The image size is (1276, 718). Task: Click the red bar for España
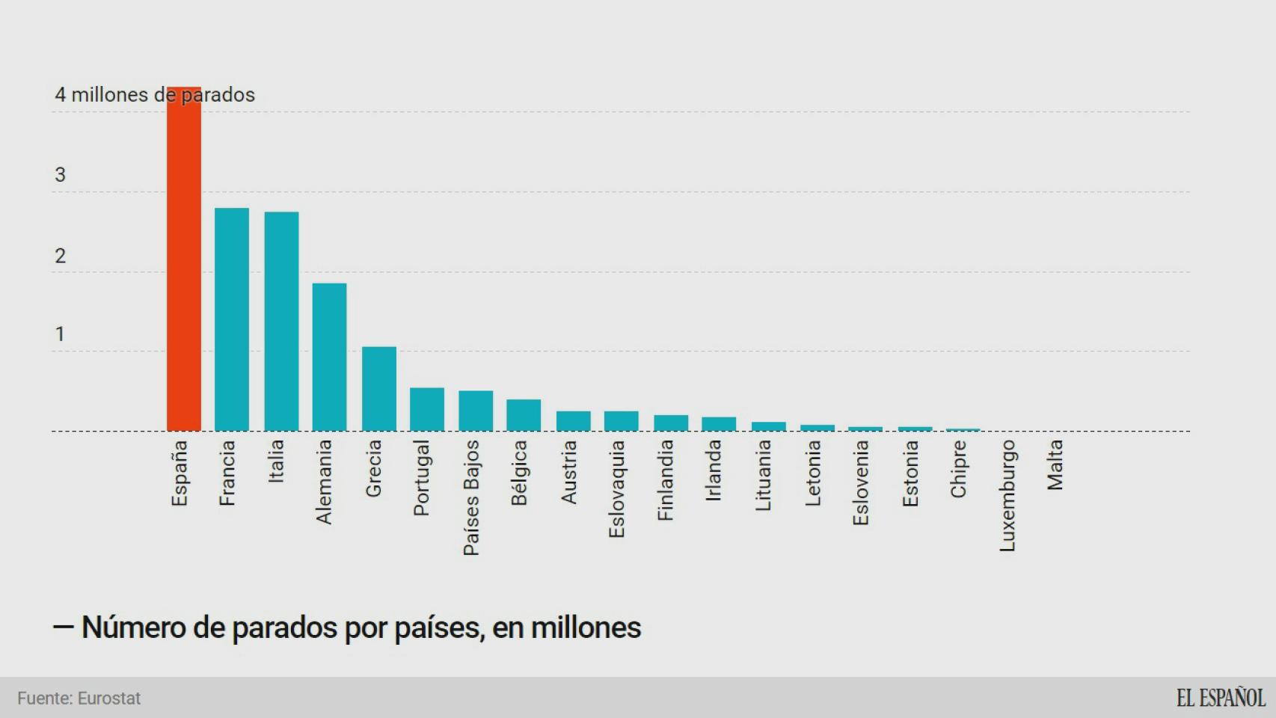point(183,262)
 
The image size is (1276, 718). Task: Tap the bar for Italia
point(281,322)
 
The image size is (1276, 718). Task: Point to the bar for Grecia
point(379,389)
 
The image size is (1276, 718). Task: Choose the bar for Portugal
point(427,409)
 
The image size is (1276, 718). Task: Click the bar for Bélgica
point(524,415)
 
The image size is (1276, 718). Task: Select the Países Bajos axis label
point(471,498)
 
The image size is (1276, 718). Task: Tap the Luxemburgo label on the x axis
point(1007,496)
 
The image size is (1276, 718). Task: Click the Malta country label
point(1055,465)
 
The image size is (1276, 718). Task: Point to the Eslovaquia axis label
point(616,489)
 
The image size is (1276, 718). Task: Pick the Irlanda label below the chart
point(714,470)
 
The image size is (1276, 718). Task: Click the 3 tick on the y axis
point(61,175)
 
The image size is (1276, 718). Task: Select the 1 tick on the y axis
point(61,334)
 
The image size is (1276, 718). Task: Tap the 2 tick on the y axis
point(61,256)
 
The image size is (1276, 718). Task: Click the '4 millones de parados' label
point(155,95)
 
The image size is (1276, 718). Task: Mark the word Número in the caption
point(133,628)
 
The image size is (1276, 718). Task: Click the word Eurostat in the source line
point(109,699)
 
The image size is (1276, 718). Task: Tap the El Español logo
point(1221,698)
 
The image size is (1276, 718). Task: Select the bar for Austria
point(573,421)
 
